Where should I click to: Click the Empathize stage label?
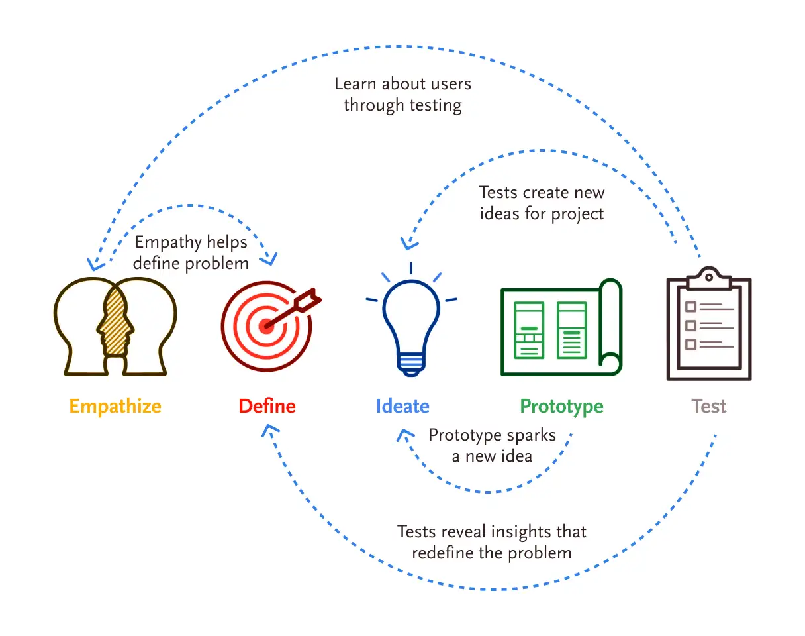[x=115, y=405]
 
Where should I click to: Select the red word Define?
[x=267, y=405]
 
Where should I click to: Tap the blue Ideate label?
[x=403, y=405]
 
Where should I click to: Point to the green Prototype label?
[x=561, y=405]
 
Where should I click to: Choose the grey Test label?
[x=708, y=405]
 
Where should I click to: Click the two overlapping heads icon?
[x=116, y=326]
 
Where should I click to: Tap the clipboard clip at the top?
[x=708, y=278]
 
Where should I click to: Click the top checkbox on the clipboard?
[x=690, y=307]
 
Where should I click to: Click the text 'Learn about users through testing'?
[x=403, y=94]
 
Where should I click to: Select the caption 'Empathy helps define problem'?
[x=191, y=252]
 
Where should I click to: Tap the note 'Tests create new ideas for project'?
[x=542, y=203]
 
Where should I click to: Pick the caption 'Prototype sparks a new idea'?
[x=492, y=445]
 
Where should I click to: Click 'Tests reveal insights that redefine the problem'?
[x=491, y=541]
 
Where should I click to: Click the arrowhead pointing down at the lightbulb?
[x=408, y=244]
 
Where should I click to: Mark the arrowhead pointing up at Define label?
[x=267, y=431]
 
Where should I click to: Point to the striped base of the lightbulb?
[x=411, y=362]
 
